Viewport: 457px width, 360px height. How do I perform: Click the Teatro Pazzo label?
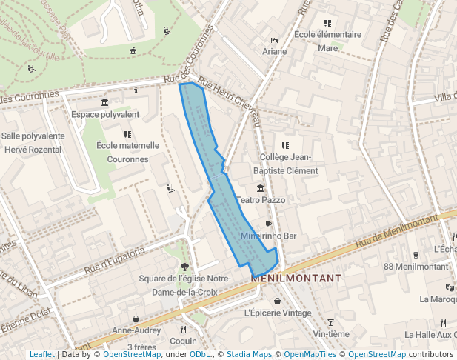click(x=260, y=200)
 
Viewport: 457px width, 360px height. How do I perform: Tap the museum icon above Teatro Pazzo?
click(x=260, y=188)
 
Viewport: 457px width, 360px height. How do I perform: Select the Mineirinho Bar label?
click(x=269, y=236)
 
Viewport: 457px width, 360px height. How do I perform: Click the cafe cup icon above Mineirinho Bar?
click(x=269, y=224)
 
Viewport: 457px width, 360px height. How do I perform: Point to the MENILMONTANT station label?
click(x=296, y=278)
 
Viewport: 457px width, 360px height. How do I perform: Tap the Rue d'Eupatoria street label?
click(x=115, y=260)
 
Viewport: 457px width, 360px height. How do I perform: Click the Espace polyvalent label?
click(x=105, y=114)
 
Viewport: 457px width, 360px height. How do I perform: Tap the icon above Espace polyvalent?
click(x=105, y=102)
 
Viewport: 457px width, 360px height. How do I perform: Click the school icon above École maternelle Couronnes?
click(x=127, y=134)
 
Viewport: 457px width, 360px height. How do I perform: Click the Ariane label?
click(x=274, y=51)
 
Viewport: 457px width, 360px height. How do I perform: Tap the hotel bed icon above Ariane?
click(x=274, y=39)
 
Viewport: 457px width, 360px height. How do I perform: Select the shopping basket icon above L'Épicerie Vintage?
click(x=278, y=301)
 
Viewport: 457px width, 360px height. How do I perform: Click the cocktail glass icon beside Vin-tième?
click(x=330, y=322)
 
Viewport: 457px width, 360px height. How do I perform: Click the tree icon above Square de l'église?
click(x=185, y=266)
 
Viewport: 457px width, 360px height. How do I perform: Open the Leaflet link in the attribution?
click(x=42, y=354)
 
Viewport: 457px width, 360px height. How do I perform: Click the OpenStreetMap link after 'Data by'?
click(x=131, y=354)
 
